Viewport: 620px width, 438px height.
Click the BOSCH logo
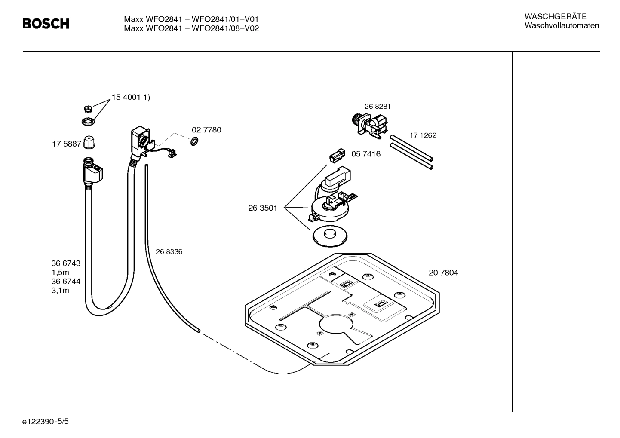pos(46,24)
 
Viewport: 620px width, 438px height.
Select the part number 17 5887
pos(66,144)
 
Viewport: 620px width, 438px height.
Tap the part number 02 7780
pos(206,130)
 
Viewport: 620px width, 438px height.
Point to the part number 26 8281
pos(378,107)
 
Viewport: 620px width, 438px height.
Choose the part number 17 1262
pos(423,135)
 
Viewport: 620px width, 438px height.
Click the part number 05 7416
pos(365,154)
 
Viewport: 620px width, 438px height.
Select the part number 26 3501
pos(263,208)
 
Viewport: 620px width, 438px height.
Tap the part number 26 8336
pos(169,252)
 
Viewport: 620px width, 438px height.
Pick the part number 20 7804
pos(443,273)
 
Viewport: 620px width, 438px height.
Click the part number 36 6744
pos(66,282)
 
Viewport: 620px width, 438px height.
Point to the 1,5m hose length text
pos(60,273)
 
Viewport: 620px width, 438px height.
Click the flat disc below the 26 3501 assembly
pos(330,236)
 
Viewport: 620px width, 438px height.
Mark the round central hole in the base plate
pos(335,325)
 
